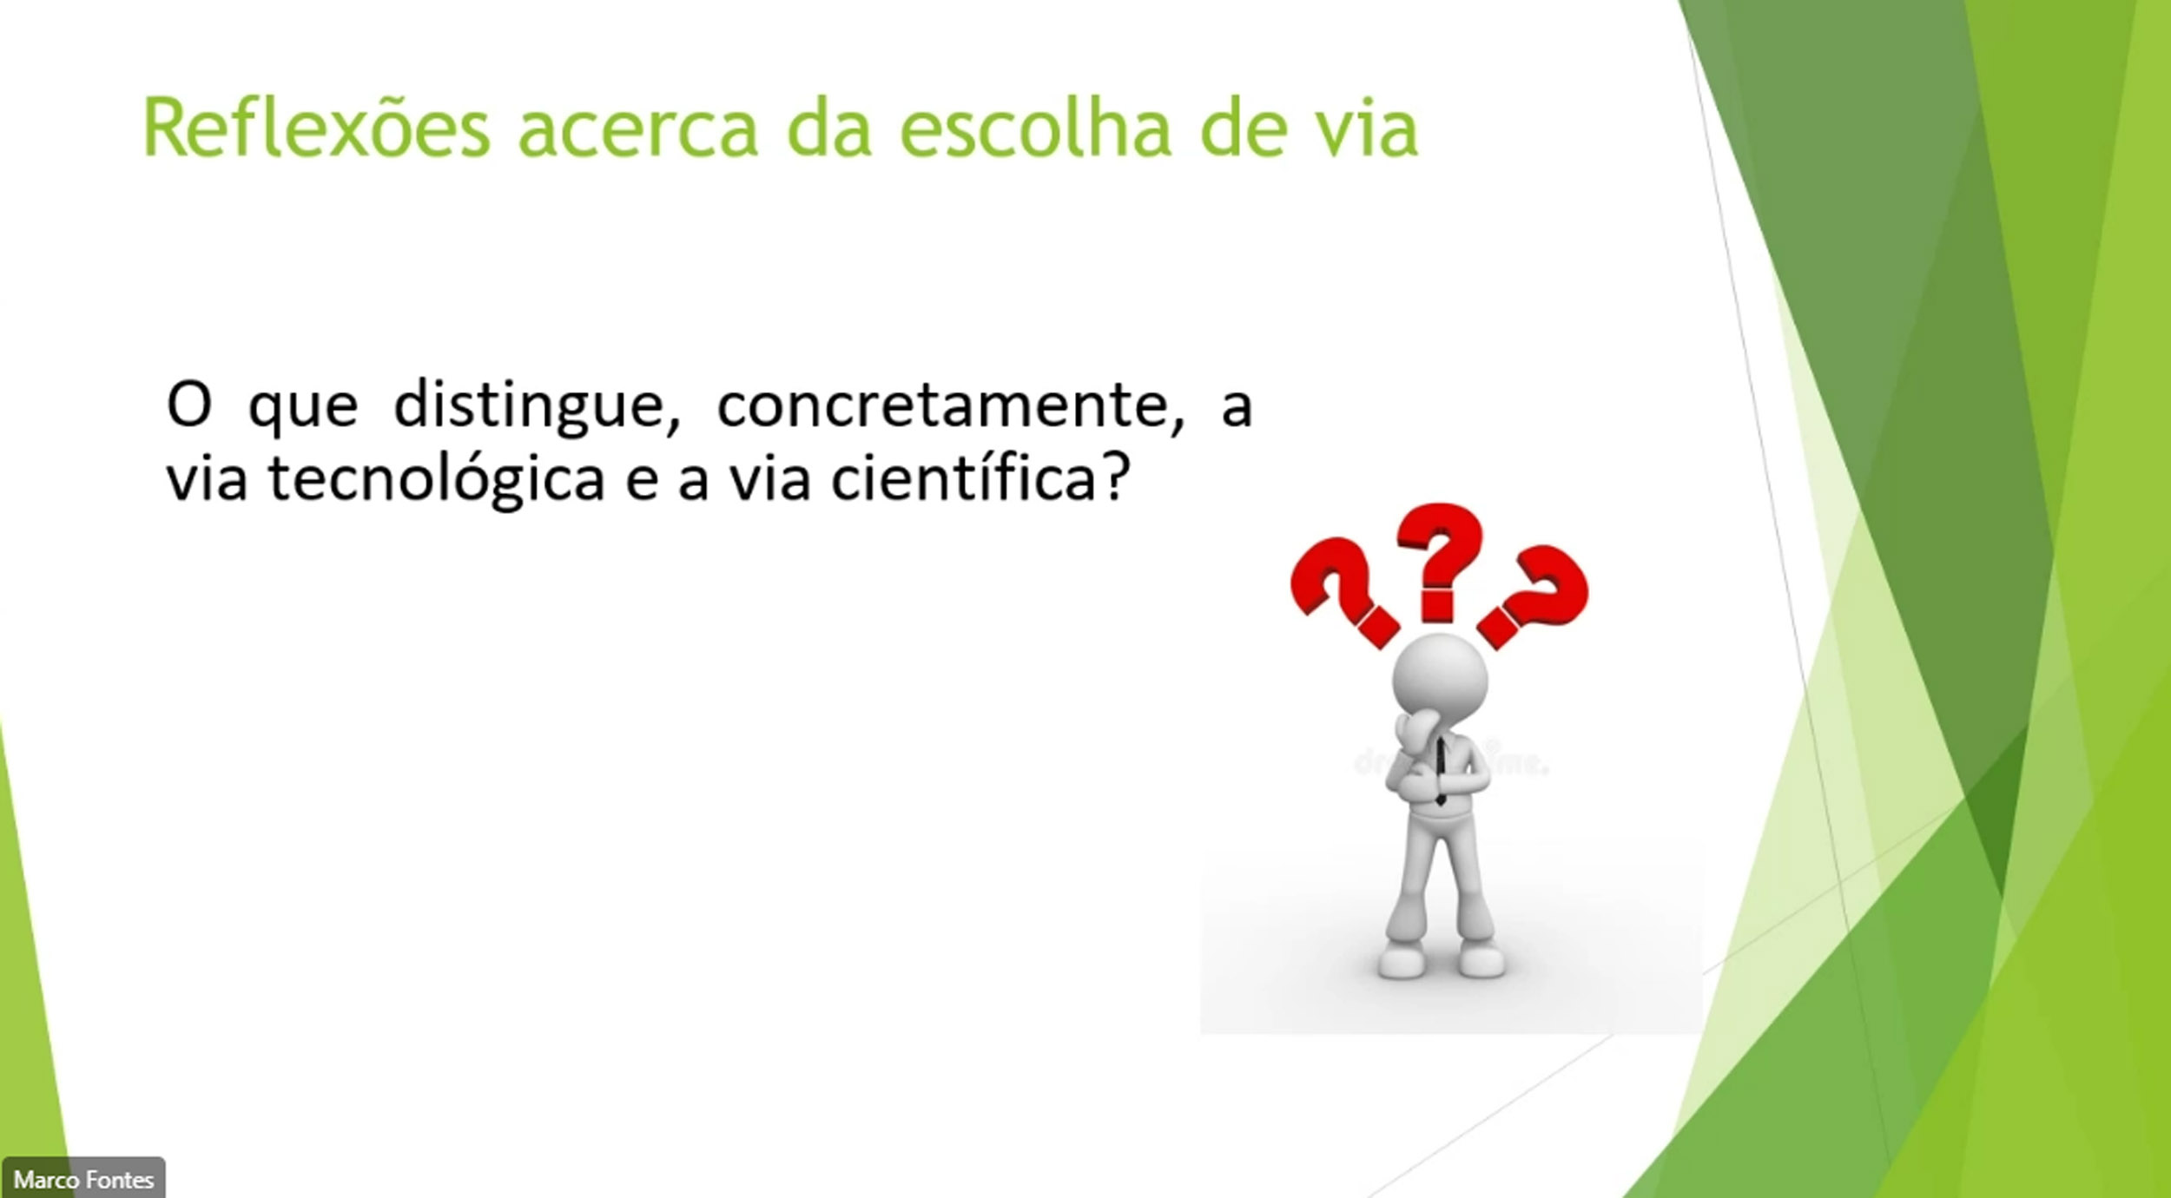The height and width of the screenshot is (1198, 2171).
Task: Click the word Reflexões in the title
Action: [317, 128]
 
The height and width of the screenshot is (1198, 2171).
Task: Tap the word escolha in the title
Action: [1034, 128]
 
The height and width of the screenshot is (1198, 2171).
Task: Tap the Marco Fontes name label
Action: [83, 1180]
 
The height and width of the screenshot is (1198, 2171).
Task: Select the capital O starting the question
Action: [189, 405]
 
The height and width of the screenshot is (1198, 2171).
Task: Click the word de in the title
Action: [1243, 128]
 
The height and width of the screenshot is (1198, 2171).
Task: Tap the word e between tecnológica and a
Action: [642, 482]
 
